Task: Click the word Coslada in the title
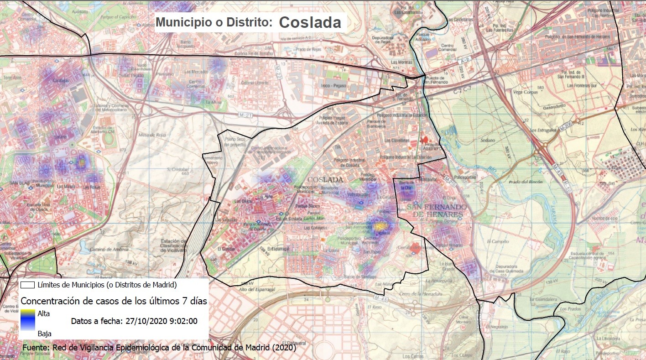[310, 22]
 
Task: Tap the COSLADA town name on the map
[325, 180]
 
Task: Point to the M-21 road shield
[245, 115]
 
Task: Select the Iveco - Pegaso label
[333, 85]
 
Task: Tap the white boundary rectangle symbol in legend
[28, 285]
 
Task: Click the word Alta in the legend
[44, 313]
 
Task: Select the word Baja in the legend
[44, 334]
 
